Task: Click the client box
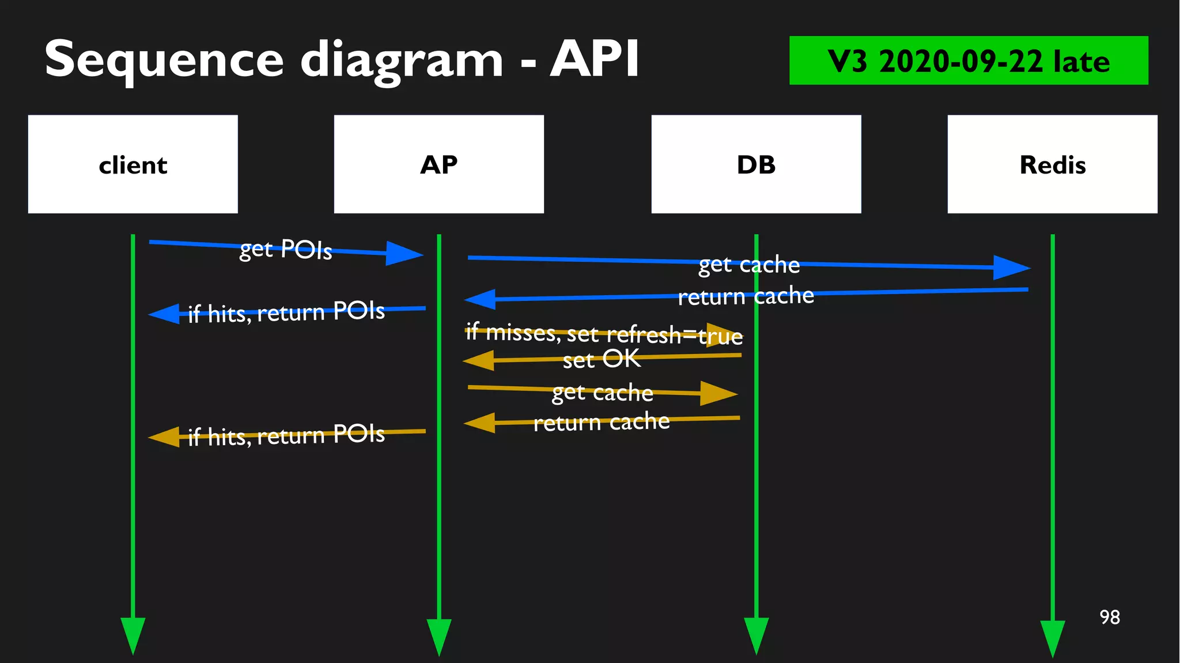tap(133, 164)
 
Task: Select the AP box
tap(438, 164)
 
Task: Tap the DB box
tap(756, 164)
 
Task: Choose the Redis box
tap(1052, 164)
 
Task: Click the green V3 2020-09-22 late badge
tap(968, 61)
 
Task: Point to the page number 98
tap(1109, 617)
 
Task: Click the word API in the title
tap(594, 59)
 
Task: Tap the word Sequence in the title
tap(164, 60)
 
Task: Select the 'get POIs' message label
tap(286, 249)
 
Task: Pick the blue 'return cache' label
tap(746, 296)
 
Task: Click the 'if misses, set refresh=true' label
tap(604, 333)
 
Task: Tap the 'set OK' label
tap(601, 359)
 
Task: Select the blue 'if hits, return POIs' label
tap(286, 312)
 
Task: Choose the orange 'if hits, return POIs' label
tap(286, 435)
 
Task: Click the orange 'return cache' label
tap(601, 422)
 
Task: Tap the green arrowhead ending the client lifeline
tap(133, 634)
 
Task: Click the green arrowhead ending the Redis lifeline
tap(1052, 637)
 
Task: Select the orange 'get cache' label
tap(602, 392)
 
